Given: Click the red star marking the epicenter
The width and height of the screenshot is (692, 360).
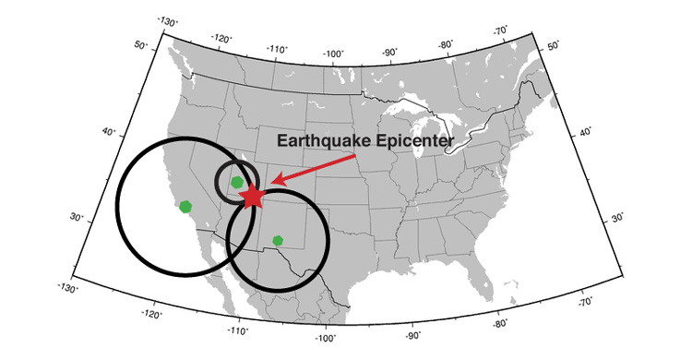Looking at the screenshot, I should (x=252, y=196).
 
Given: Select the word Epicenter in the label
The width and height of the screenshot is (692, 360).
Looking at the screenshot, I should (x=410, y=142).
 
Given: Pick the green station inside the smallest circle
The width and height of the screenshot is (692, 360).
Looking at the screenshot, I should (x=237, y=182).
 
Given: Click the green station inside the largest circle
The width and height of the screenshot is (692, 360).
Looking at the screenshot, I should (x=185, y=206).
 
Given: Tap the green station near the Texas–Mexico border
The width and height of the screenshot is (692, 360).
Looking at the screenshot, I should (x=278, y=241).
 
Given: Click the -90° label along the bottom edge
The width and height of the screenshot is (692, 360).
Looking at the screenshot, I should (x=412, y=336).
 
